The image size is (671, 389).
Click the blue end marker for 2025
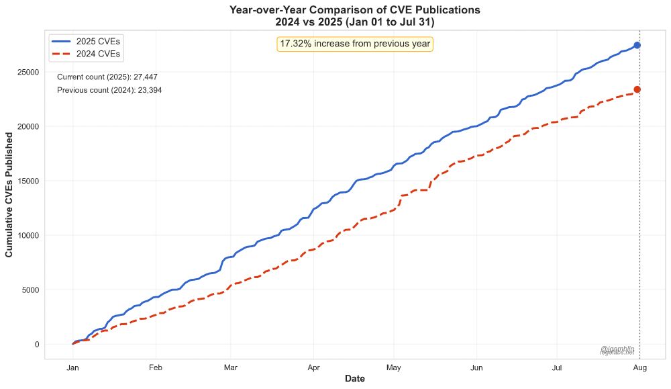click(x=637, y=45)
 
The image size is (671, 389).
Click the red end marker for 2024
click(x=637, y=89)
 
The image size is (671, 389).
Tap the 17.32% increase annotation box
click(x=355, y=44)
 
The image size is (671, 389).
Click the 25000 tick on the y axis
click(x=28, y=72)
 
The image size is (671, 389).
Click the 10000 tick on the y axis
click(x=28, y=235)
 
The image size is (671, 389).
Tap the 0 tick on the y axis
click(x=37, y=345)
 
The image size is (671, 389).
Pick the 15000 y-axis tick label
click(x=28, y=181)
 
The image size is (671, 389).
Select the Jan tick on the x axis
click(x=73, y=368)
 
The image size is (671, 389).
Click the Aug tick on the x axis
click(x=639, y=368)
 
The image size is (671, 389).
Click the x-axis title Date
click(x=355, y=380)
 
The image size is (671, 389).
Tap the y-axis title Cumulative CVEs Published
click(x=9, y=195)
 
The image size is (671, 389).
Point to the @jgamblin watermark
click(x=617, y=349)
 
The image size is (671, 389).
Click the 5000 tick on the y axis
click(x=30, y=290)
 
